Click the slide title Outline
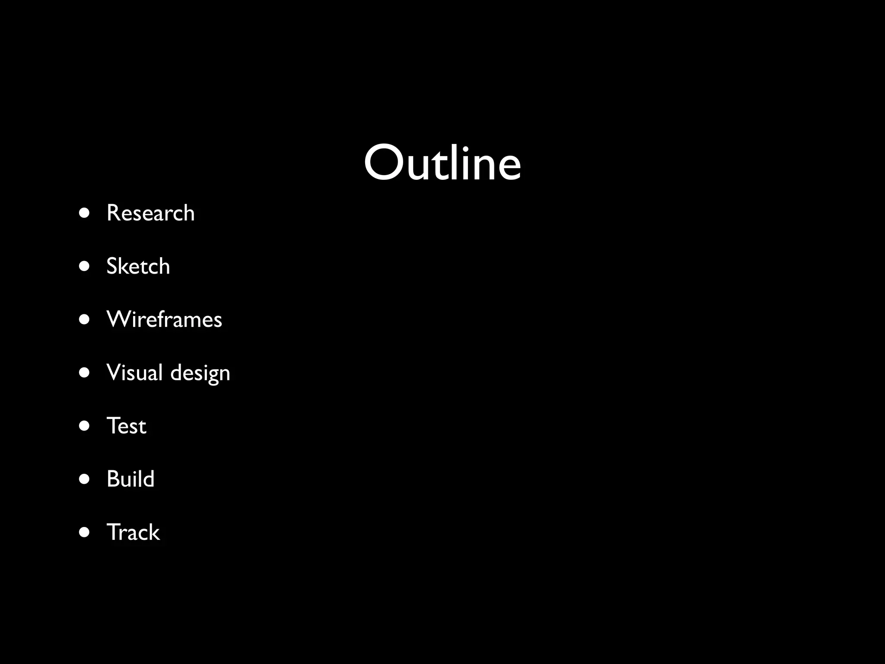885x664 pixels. [x=442, y=163]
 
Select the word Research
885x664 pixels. [x=150, y=213]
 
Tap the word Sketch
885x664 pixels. [x=138, y=266]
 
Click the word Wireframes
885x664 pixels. [x=164, y=319]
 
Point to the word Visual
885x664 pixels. [x=134, y=372]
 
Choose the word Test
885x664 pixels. [x=126, y=426]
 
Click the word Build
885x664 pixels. [x=130, y=479]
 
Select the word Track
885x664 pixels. [x=133, y=532]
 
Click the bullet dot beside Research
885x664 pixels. [x=85, y=213]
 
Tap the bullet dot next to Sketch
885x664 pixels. [x=85, y=266]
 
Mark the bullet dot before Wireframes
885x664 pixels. [x=85, y=319]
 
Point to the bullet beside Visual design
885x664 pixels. [x=85, y=373]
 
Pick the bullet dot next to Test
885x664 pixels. [x=85, y=426]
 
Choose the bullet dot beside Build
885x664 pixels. [x=85, y=479]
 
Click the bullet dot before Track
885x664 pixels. [x=85, y=532]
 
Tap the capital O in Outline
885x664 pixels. [x=382, y=163]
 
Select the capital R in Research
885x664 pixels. [x=114, y=213]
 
